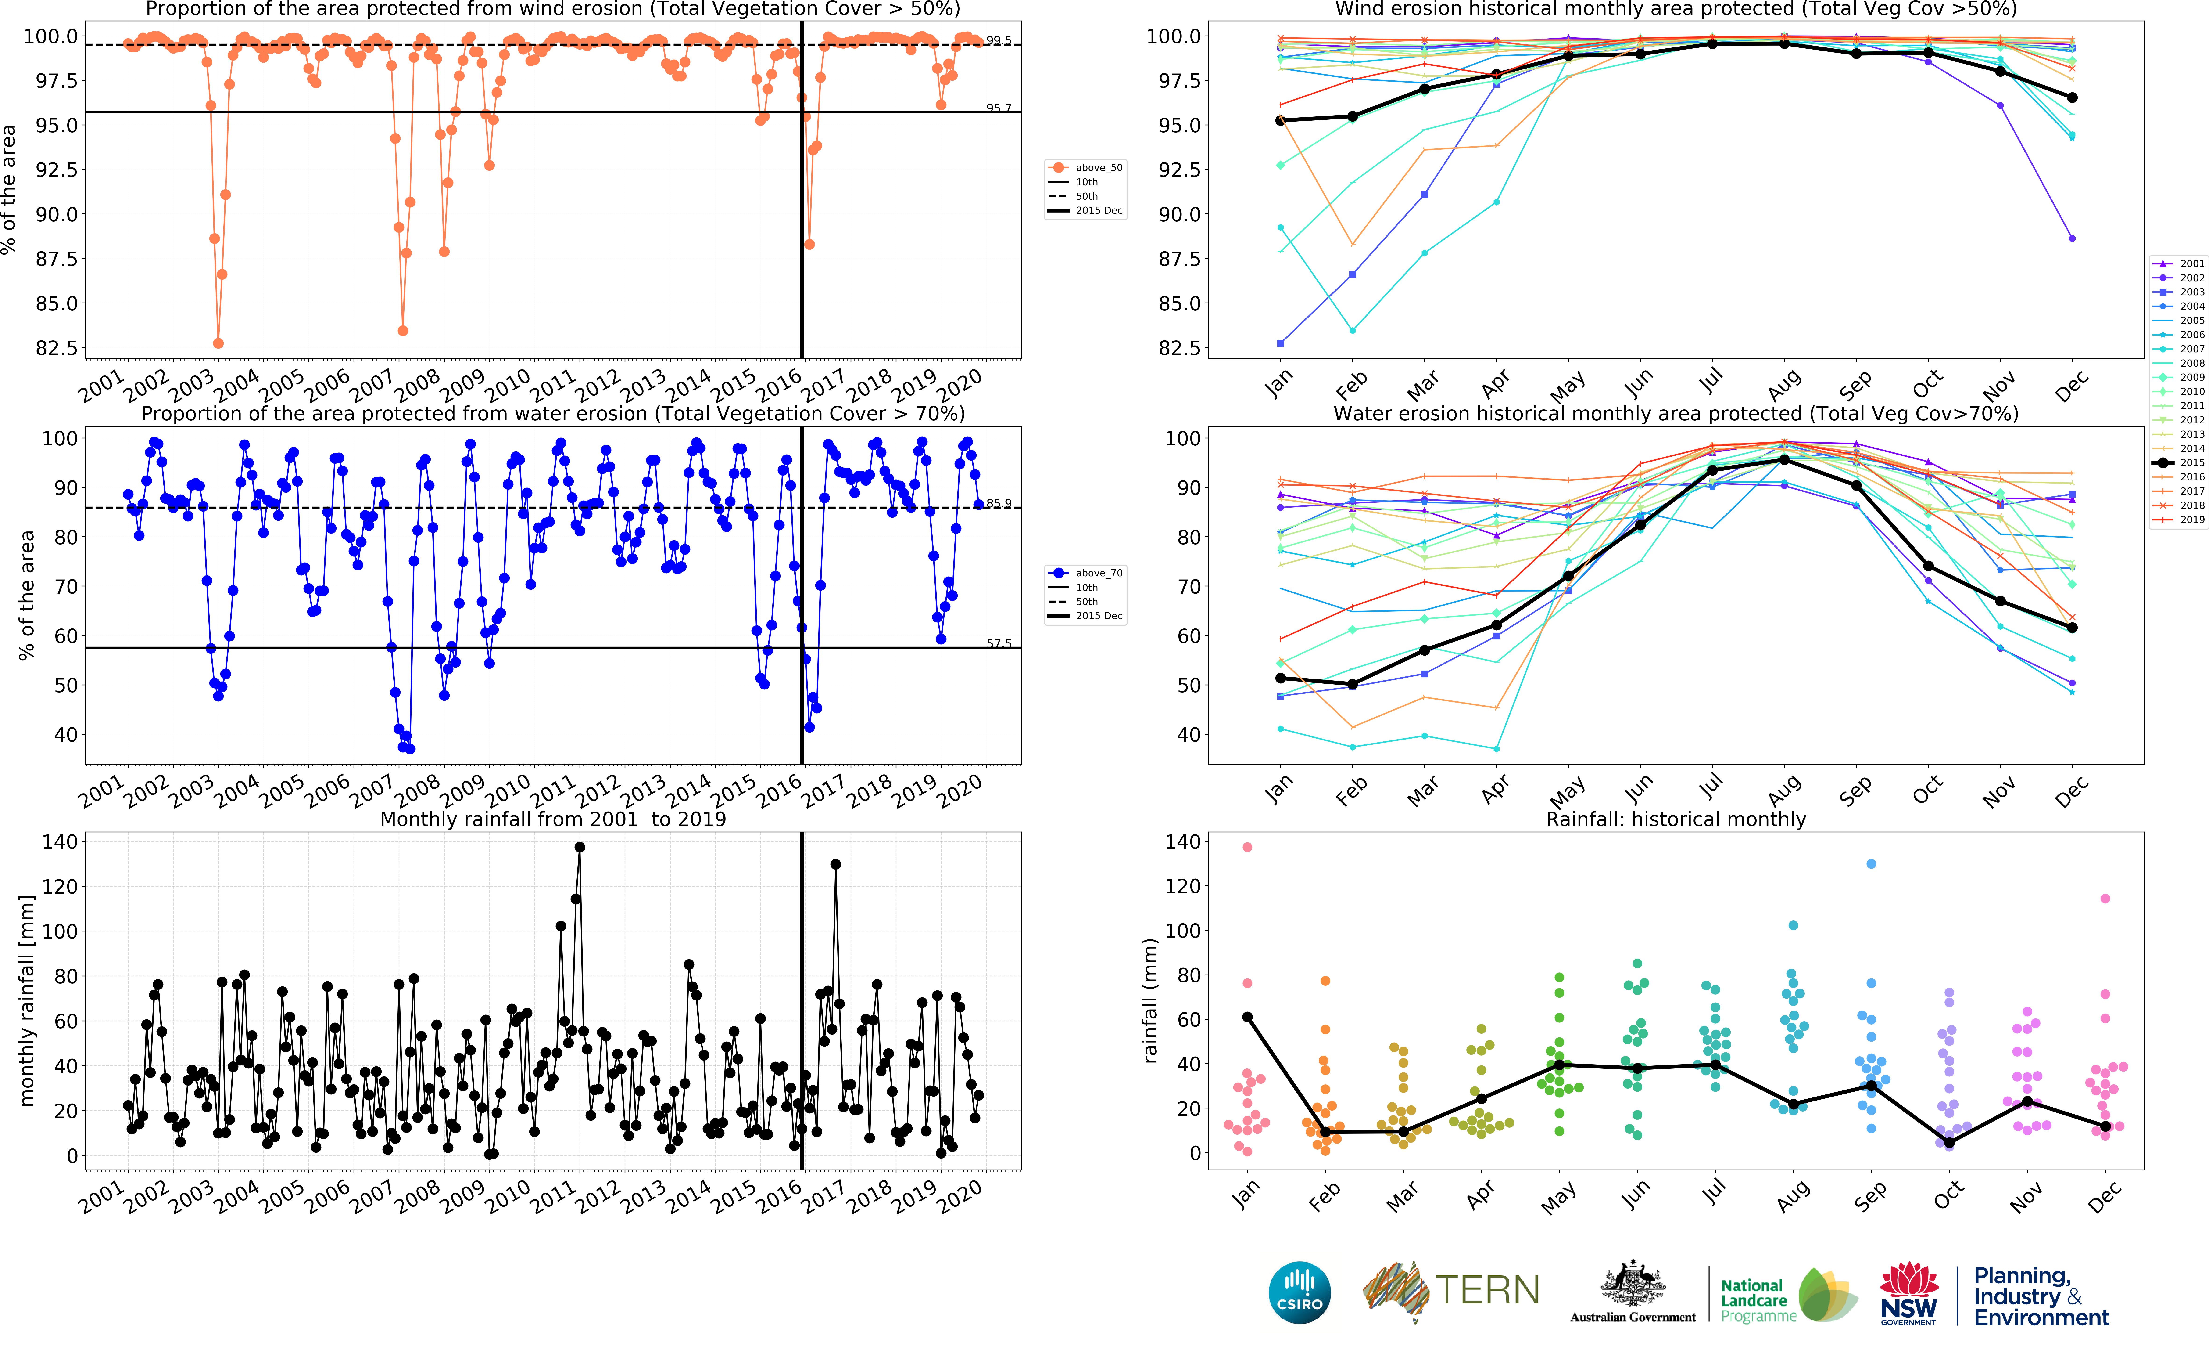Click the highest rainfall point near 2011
pyautogui.click(x=579, y=847)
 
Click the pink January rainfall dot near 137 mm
pyautogui.click(x=1247, y=847)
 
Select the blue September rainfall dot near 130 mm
pyautogui.click(x=1871, y=864)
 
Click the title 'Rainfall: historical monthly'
pyautogui.click(x=1676, y=819)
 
